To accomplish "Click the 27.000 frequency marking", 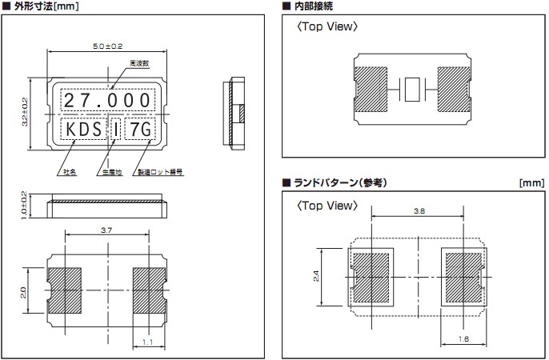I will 107,100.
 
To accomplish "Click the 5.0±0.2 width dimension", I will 108,49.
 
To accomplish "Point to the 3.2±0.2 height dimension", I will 25,112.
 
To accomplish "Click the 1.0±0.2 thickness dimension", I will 25,206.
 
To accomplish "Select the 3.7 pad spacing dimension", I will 106,229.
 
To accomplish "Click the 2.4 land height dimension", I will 318,276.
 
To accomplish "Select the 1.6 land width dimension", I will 464,339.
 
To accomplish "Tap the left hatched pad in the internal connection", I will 372,89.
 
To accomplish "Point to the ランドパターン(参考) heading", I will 339,182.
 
